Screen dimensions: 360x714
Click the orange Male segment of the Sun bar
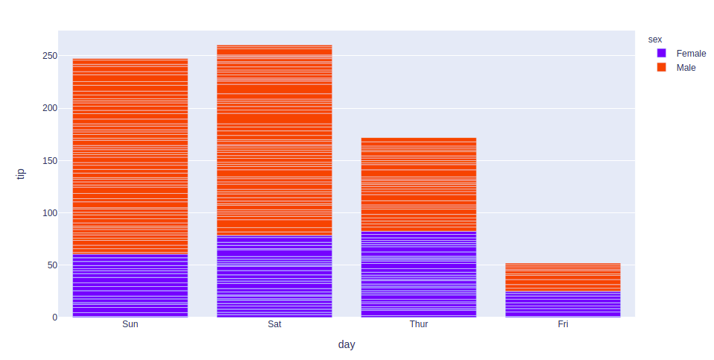130,157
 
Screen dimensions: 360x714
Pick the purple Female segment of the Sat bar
274,277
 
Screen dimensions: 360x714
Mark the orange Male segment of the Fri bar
563,277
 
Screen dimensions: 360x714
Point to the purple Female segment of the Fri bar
563,304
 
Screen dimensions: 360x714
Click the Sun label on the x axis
130,325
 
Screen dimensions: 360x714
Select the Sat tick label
274,325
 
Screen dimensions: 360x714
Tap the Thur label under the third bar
418,325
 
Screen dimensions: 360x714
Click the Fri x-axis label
563,325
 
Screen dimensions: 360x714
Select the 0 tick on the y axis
54,318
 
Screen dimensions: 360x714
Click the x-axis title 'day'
347,344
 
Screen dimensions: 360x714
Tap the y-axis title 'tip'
21,173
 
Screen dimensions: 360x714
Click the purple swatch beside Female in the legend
661,54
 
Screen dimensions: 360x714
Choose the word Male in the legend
686,68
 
